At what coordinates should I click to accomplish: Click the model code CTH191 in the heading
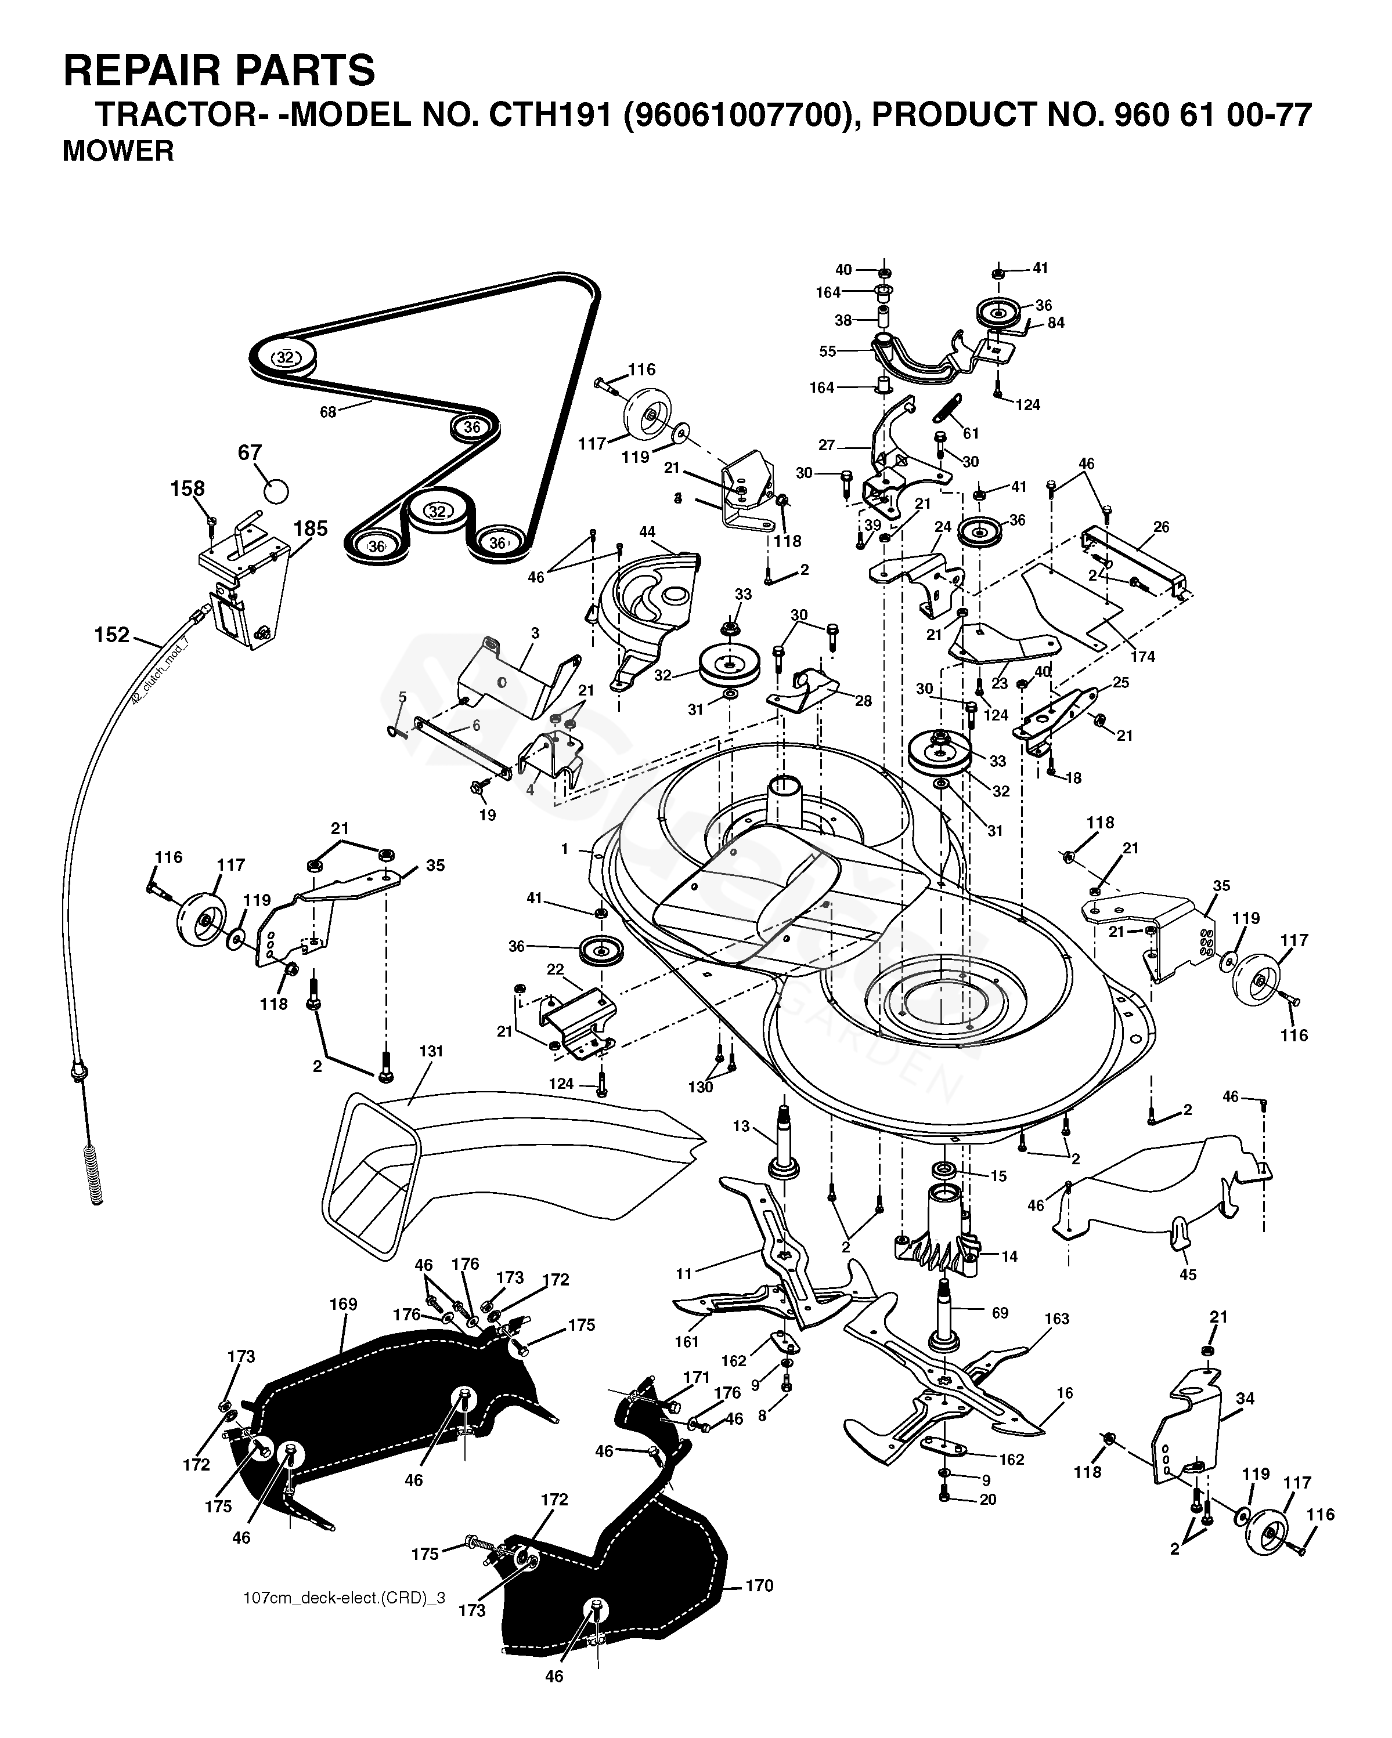(545, 115)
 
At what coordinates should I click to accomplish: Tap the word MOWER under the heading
(118, 151)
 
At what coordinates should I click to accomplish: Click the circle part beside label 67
(276, 489)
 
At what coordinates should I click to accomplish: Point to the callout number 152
(111, 635)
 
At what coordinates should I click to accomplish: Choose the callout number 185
(311, 529)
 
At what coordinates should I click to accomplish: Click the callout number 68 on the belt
(327, 412)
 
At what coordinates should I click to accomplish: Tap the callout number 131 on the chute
(431, 1051)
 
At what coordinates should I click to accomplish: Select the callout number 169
(344, 1304)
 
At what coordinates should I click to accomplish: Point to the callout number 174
(1143, 657)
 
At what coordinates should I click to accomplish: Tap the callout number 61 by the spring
(971, 434)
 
